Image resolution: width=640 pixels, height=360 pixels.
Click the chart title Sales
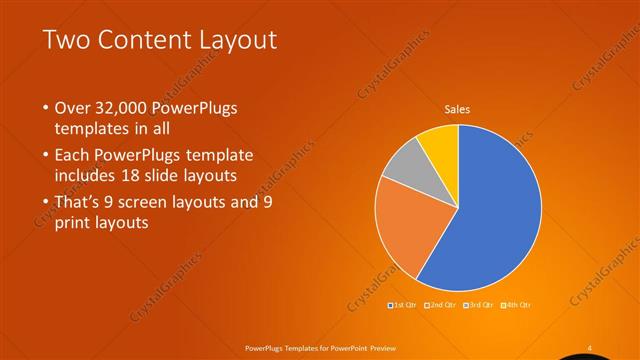(457, 109)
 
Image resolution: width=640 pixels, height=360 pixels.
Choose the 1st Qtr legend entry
(402, 304)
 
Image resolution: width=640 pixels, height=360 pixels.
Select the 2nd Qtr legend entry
(441, 304)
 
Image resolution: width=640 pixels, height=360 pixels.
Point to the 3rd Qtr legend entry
(479, 304)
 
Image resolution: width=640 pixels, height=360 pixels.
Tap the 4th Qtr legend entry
(517, 304)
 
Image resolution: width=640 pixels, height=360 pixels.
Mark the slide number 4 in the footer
(590, 347)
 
